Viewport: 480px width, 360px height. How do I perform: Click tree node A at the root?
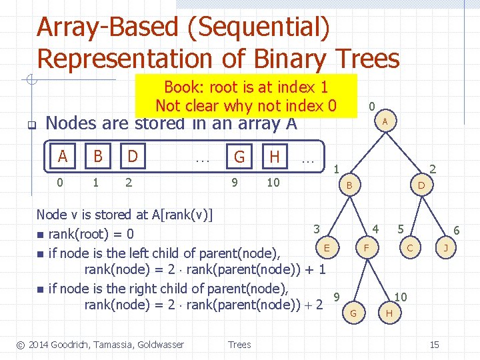point(385,121)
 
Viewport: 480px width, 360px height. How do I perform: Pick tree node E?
point(327,248)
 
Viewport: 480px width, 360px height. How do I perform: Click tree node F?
point(365,248)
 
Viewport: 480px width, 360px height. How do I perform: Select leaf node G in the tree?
point(353,313)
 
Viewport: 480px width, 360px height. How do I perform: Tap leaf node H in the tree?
point(389,313)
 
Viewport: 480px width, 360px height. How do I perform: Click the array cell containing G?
point(239,157)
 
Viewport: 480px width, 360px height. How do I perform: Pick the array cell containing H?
point(274,157)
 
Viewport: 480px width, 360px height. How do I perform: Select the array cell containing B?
point(98,157)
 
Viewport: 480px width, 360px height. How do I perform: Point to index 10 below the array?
point(273,182)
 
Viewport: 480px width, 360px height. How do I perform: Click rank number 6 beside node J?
point(457,229)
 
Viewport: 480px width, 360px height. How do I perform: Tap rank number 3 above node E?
point(317,229)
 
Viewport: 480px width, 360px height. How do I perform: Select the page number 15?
point(434,345)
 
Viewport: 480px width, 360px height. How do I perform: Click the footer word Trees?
point(239,345)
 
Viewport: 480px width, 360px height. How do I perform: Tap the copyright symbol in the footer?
point(21,345)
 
